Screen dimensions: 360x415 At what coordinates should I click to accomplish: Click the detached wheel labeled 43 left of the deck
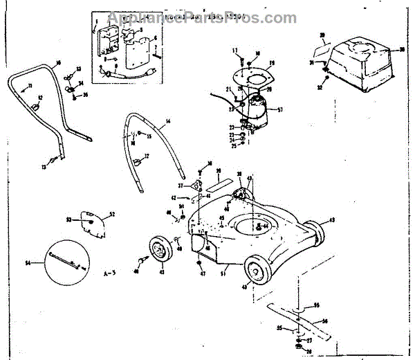(159, 251)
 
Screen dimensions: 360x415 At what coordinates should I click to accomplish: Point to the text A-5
(108, 272)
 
